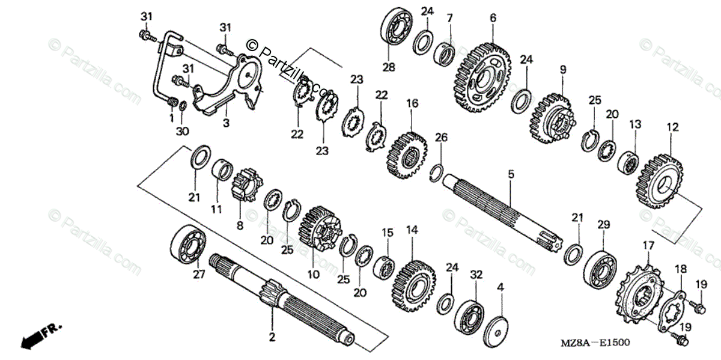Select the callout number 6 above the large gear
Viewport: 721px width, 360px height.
click(x=493, y=18)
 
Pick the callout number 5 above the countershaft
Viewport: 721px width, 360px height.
click(x=511, y=175)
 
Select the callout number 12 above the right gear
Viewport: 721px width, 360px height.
click(x=672, y=127)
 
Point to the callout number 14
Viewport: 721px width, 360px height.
click(x=412, y=230)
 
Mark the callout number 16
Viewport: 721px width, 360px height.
click(x=412, y=103)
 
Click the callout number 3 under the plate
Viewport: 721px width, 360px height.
click(x=226, y=123)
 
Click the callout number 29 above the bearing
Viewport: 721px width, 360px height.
click(x=603, y=224)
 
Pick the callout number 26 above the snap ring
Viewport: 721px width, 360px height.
click(x=441, y=138)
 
